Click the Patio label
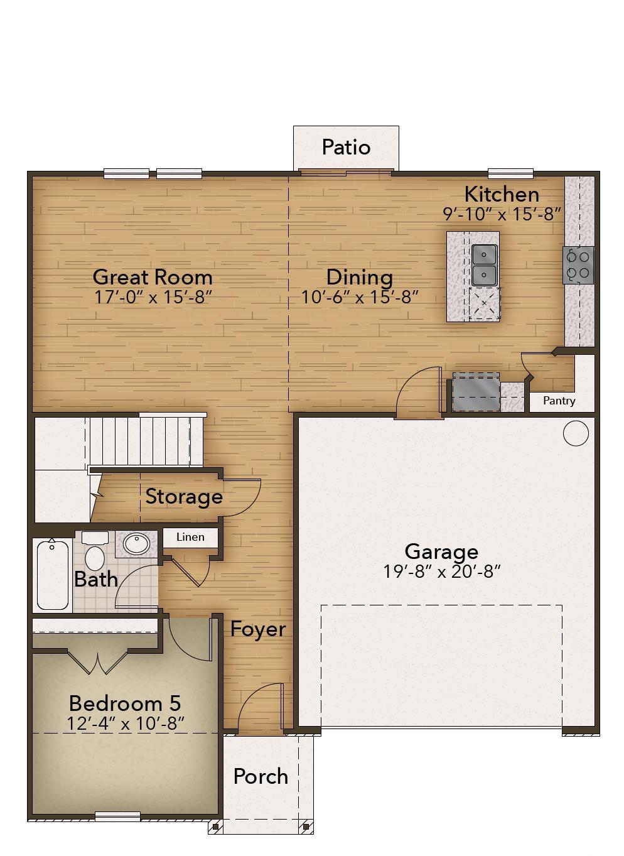[346, 147]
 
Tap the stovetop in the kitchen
[578, 265]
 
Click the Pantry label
[559, 401]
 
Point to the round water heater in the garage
[576, 433]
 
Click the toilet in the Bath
[95, 551]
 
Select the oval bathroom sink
[136, 543]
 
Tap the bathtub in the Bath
[53, 575]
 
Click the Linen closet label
[190, 537]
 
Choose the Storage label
[184, 497]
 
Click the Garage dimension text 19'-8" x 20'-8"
[441, 572]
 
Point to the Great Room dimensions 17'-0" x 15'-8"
[153, 296]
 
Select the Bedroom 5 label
[125, 703]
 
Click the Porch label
[261, 776]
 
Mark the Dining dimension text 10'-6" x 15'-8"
[360, 296]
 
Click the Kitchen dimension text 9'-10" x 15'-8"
[502, 214]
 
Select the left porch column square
[215, 827]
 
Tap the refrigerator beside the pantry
[476, 392]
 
